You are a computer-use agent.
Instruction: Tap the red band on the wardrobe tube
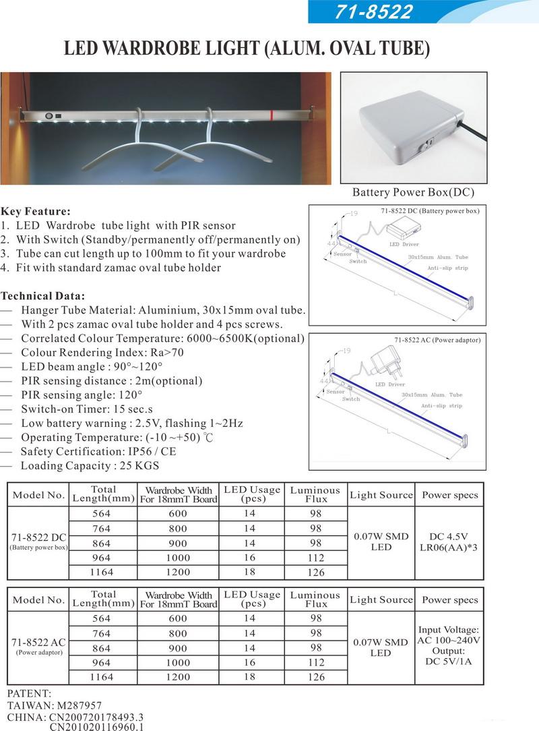(x=271, y=114)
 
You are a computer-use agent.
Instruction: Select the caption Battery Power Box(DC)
(x=413, y=192)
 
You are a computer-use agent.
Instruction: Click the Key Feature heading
(x=36, y=211)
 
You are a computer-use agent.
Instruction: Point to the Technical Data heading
(x=43, y=295)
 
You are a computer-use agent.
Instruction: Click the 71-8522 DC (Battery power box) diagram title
(x=430, y=211)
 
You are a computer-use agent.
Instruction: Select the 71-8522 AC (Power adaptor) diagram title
(x=437, y=340)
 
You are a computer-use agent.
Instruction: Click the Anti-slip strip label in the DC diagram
(x=447, y=268)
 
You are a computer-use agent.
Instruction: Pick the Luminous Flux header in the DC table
(x=315, y=494)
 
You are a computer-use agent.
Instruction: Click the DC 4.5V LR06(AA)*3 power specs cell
(x=449, y=542)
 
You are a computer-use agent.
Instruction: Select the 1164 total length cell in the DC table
(x=102, y=572)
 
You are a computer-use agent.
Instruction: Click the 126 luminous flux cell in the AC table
(x=315, y=676)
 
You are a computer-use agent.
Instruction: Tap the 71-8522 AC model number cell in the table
(x=38, y=642)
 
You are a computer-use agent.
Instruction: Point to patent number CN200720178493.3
(x=96, y=717)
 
